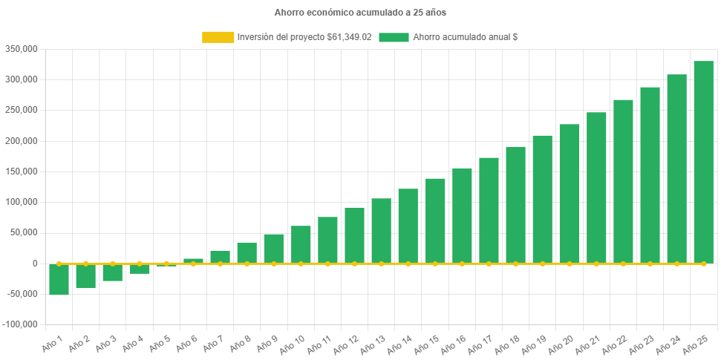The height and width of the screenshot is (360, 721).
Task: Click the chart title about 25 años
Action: (x=360, y=13)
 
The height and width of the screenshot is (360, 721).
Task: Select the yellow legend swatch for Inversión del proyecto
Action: (x=218, y=37)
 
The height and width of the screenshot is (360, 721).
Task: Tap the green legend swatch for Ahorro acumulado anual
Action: (x=394, y=37)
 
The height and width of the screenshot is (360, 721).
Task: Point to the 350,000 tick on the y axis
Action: (x=21, y=49)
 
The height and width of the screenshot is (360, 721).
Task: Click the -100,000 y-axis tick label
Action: (x=19, y=324)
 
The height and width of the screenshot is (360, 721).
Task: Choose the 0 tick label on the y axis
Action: (x=33, y=264)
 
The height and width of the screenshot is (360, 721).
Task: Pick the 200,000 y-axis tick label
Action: (x=21, y=141)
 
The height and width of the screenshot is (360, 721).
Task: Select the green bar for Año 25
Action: (x=703, y=162)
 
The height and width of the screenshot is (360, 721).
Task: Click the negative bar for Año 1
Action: (x=59, y=280)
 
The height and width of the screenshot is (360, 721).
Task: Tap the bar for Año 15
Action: (x=435, y=220)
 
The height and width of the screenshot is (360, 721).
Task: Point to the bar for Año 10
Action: (x=301, y=244)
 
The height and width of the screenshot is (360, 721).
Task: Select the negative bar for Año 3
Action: (x=113, y=272)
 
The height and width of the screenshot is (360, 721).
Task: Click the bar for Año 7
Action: (x=220, y=257)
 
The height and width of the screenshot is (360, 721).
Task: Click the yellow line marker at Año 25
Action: (x=703, y=264)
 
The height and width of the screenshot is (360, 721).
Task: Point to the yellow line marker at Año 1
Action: (x=59, y=264)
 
